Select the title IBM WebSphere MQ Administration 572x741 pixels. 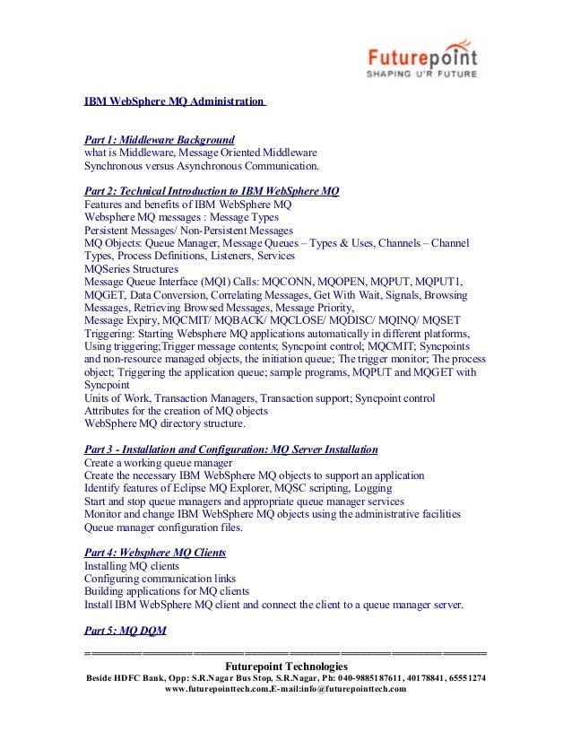[174, 103]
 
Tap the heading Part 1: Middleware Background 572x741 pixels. [159, 140]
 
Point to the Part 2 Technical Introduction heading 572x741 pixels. [211, 191]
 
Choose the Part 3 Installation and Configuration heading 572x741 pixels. [230, 449]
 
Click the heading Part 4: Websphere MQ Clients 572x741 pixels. [154, 553]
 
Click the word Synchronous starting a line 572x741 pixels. [114, 166]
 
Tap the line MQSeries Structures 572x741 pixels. [131, 269]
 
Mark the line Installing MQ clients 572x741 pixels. [131, 567]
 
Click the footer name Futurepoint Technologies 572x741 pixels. [285, 667]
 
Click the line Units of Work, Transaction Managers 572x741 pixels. [260, 398]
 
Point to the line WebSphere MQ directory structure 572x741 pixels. [164, 423]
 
